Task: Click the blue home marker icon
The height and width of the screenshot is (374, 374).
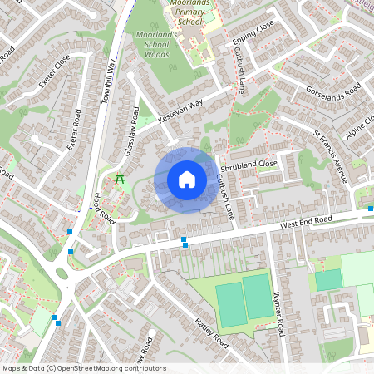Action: [186, 180]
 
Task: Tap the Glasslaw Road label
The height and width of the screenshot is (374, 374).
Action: [130, 130]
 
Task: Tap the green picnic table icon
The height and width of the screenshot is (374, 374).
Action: [120, 179]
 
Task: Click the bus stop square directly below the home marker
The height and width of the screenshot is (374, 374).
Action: [184, 242]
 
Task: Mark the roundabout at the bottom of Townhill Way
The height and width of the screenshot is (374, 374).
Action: [62, 273]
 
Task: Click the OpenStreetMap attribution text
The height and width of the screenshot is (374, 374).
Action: [84, 368]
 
